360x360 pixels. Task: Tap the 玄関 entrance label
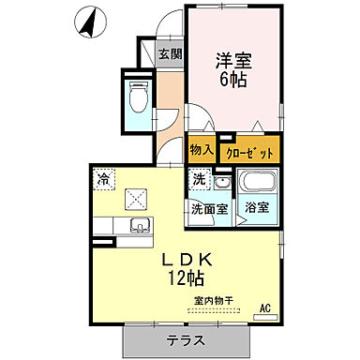coord(170,52)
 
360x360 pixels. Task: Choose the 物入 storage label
coord(202,150)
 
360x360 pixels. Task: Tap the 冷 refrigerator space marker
coord(102,175)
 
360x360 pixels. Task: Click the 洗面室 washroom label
coord(209,208)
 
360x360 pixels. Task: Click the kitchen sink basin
coord(140,224)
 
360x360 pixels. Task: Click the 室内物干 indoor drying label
coord(214,301)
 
